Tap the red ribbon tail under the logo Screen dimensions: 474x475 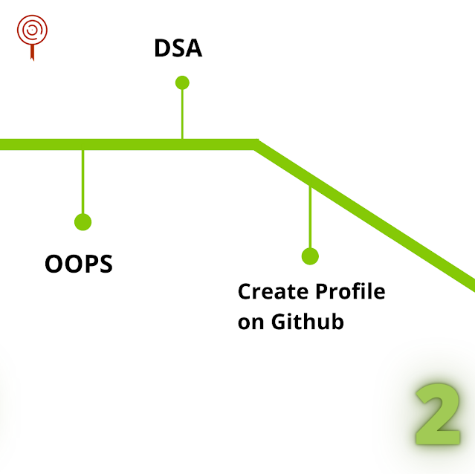tap(31, 53)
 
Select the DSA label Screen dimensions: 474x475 tap(178, 49)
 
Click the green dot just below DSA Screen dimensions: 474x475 tap(182, 82)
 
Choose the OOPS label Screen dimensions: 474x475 tap(79, 264)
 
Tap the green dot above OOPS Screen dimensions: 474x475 tap(83, 221)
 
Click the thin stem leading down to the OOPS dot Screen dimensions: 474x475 tap(83, 182)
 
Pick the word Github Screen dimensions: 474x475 tap(307, 323)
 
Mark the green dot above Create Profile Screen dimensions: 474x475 tap(310, 256)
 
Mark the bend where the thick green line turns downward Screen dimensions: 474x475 tap(255, 144)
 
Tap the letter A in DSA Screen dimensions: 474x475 tap(193, 49)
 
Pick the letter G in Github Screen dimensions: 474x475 tap(277, 323)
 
